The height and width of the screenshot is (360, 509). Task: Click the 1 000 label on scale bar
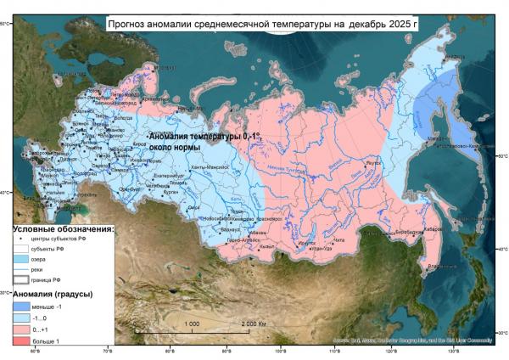192,323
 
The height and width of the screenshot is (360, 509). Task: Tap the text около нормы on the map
175,147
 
